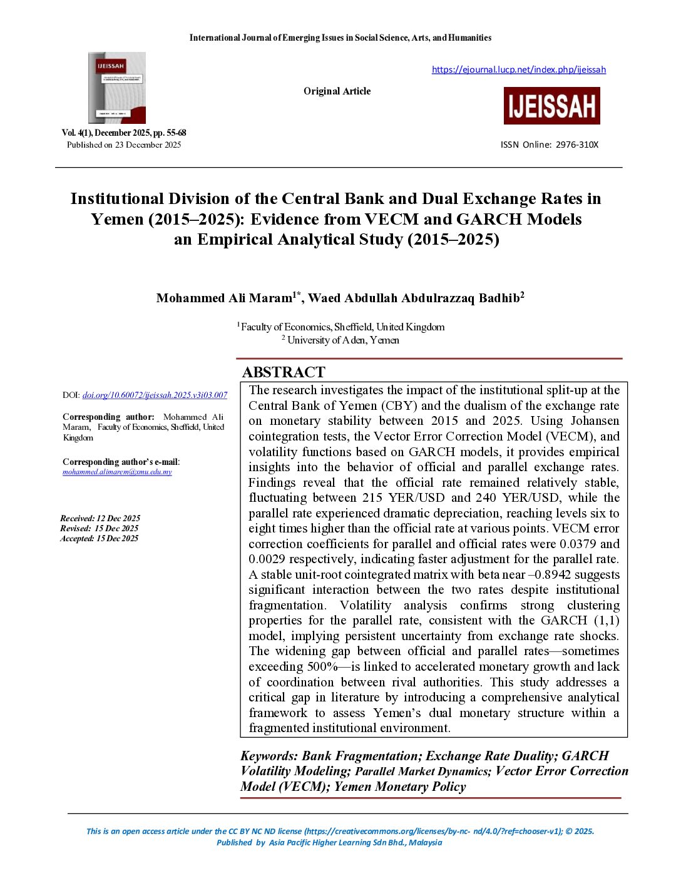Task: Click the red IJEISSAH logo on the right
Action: coord(551,106)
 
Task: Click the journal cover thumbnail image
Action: coord(117,88)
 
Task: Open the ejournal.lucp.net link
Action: coord(518,69)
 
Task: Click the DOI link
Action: coord(155,395)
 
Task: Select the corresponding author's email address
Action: coord(117,472)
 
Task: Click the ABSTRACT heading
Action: coord(284,372)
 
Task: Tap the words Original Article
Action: coord(337,91)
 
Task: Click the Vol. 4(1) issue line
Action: coord(123,133)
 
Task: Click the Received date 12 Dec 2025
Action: coord(100,518)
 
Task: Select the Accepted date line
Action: coord(100,538)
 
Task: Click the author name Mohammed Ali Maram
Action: coord(224,298)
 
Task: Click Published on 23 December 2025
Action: coord(124,145)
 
